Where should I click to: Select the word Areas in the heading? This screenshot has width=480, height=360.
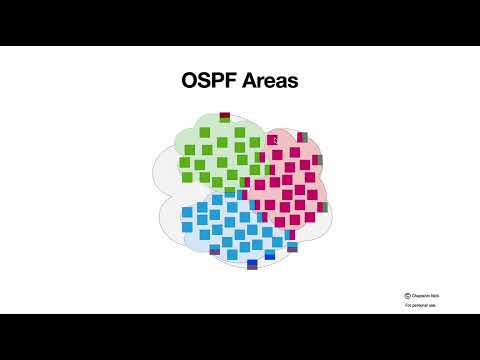267,81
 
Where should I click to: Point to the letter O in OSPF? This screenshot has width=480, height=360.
189,81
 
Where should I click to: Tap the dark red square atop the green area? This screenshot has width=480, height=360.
225,117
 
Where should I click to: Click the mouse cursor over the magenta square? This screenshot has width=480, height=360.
272,141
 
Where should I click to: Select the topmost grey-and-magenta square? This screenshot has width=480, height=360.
302,137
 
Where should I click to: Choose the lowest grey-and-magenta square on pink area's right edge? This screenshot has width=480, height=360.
322,207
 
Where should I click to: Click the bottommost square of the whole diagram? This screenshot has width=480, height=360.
252,265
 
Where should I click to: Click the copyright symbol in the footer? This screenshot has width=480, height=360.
408,296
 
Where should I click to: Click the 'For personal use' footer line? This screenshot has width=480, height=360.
420,305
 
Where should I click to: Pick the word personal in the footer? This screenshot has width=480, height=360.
421,305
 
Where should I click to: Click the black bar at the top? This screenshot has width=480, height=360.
240,22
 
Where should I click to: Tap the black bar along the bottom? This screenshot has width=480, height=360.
240,336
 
